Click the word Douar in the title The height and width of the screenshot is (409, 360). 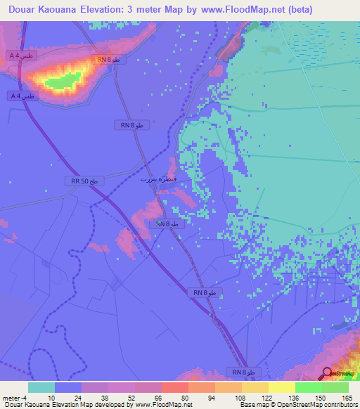click(20, 9)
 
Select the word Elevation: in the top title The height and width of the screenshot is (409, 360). click(122, 9)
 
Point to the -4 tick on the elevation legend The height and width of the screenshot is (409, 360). click(26, 397)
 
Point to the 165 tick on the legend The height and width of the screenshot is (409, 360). click(347, 397)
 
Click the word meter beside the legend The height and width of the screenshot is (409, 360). click(11, 397)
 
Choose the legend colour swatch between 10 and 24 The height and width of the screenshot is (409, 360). click(68, 387)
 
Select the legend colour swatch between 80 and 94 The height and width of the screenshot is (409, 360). click(202, 387)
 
